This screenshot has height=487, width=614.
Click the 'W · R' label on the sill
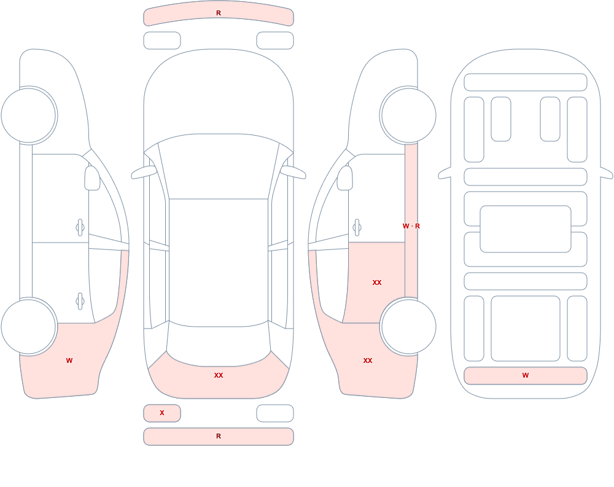click(x=411, y=226)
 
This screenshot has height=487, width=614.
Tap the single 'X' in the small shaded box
click(x=162, y=413)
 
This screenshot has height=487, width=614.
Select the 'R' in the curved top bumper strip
click(x=219, y=13)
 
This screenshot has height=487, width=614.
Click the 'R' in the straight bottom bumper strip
click(x=219, y=436)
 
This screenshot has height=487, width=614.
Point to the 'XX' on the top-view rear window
click(x=219, y=375)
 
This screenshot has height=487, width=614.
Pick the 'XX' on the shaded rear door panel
click(x=377, y=282)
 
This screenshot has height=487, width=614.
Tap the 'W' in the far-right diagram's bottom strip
click(x=526, y=375)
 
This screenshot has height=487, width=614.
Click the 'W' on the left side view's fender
click(x=69, y=360)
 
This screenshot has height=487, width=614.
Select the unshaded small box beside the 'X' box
click(x=275, y=413)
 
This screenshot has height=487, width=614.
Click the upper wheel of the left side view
click(x=29, y=115)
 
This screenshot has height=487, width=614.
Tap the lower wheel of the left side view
click(x=29, y=326)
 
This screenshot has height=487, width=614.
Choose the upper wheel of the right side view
click(x=408, y=115)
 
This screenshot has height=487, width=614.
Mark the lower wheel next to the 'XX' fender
click(x=408, y=326)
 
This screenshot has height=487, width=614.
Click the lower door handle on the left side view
click(x=80, y=302)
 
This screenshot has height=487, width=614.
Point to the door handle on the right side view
click(x=357, y=228)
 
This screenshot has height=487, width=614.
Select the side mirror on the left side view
click(x=93, y=178)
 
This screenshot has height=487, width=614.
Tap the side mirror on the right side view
click(x=345, y=178)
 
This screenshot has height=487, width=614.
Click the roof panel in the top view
click(x=219, y=260)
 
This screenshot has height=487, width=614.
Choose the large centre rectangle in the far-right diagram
click(x=526, y=229)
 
